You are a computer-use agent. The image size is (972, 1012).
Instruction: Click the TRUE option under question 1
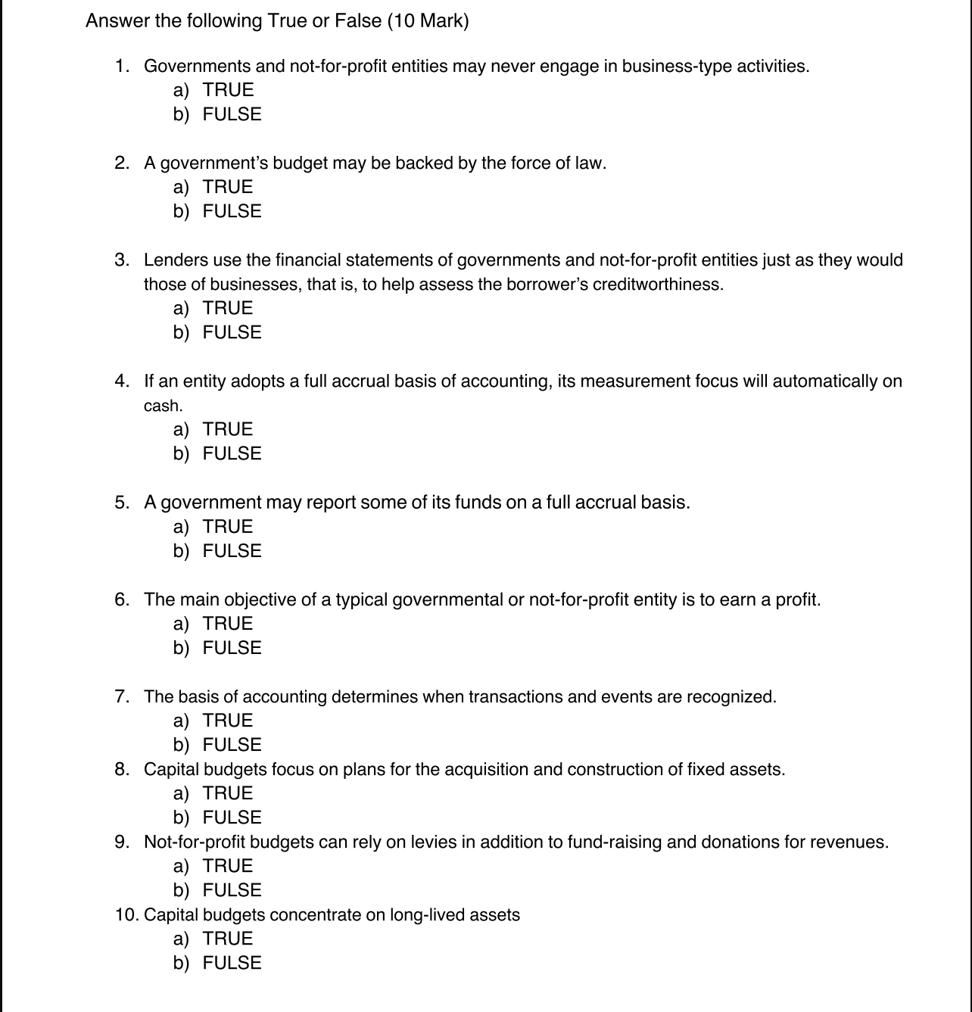(227, 90)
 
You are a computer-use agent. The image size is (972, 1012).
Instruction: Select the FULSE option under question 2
(232, 211)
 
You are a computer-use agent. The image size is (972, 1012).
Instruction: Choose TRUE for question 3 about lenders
(227, 308)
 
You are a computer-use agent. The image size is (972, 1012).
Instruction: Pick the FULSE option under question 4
(232, 453)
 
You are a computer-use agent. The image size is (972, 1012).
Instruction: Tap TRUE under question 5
(227, 527)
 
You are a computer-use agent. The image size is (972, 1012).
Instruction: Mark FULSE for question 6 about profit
(232, 648)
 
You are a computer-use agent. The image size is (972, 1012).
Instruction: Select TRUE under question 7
(227, 721)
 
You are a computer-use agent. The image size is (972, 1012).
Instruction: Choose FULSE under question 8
(232, 817)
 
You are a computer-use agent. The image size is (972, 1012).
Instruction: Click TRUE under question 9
(227, 866)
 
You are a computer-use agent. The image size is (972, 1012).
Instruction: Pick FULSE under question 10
(232, 963)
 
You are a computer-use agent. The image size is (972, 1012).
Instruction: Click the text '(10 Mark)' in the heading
(428, 21)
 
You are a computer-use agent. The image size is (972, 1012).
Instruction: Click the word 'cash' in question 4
(162, 406)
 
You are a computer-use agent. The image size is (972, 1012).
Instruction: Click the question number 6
(122, 600)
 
